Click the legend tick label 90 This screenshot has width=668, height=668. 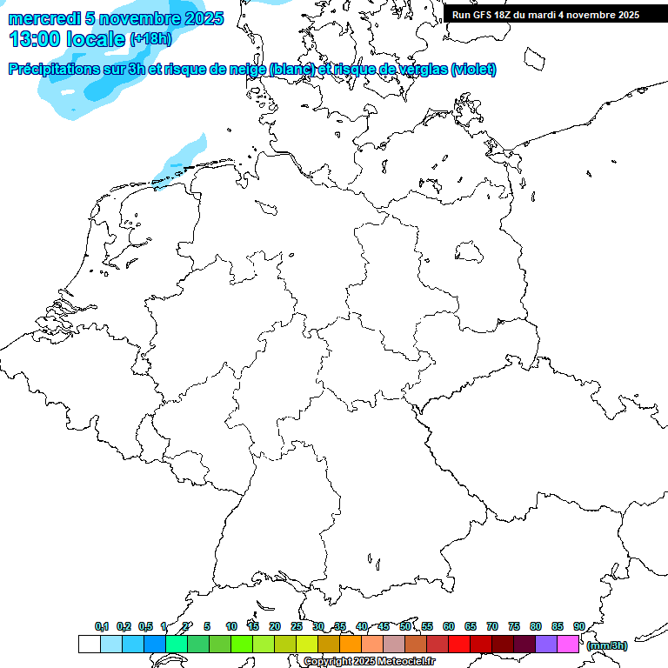[x=578, y=626]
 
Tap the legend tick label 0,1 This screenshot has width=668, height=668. [x=102, y=626]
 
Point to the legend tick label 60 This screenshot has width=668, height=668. [x=449, y=626]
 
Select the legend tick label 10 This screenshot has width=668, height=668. [x=231, y=626]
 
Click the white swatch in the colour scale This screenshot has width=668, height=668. [x=89, y=644]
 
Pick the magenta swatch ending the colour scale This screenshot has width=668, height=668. [x=568, y=644]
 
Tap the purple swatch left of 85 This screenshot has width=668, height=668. [x=546, y=644]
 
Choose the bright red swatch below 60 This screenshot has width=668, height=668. [x=459, y=644]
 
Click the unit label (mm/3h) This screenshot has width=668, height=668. [x=607, y=645]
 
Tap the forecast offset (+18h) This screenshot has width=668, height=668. [x=151, y=39]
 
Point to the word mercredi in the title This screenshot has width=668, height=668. [x=43, y=18]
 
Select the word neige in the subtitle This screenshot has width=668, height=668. [x=247, y=70]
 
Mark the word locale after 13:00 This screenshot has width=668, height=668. [x=97, y=39]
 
